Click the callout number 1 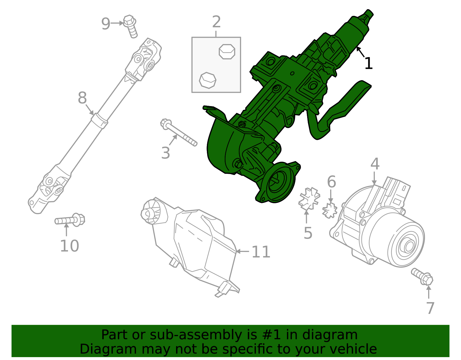coord(369,63)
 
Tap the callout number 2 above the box coord(216,22)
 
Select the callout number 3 coord(166,153)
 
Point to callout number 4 coord(375,164)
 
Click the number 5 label coord(308,233)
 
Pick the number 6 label coord(331,182)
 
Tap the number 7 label coord(430,308)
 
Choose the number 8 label coord(82,98)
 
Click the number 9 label coord(106,24)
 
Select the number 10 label coord(69,246)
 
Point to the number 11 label coord(261,252)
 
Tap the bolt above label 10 coord(70,220)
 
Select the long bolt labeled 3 coord(179,133)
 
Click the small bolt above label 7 coord(422,276)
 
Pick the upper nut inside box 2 coord(227,52)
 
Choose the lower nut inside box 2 coord(207,80)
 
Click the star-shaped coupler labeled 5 coord(309,198)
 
